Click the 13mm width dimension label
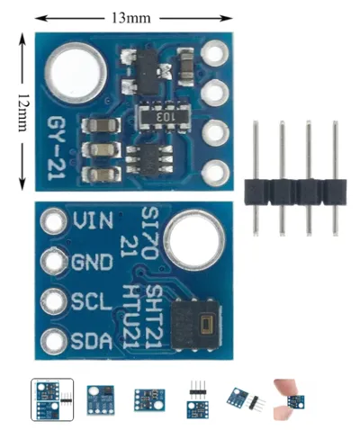click(131, 18)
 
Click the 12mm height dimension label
click(22, 112)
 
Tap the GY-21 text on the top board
click(56, 148)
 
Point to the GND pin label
click(92, 262)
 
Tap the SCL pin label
click(92, 301)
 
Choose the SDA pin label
click(92, 341)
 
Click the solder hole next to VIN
click(53, 221)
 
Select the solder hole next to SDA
click(53, 342)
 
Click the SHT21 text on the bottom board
click(152, 316)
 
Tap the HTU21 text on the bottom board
click(130, 316)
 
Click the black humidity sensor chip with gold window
click(196, 325)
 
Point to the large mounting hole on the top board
click(76, 72)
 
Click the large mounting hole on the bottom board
click(194, 239)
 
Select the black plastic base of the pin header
click(295, 193)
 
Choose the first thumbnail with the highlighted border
click(52, 399)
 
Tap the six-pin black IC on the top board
click(149, 161)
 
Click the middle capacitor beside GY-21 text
click(102, 149)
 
